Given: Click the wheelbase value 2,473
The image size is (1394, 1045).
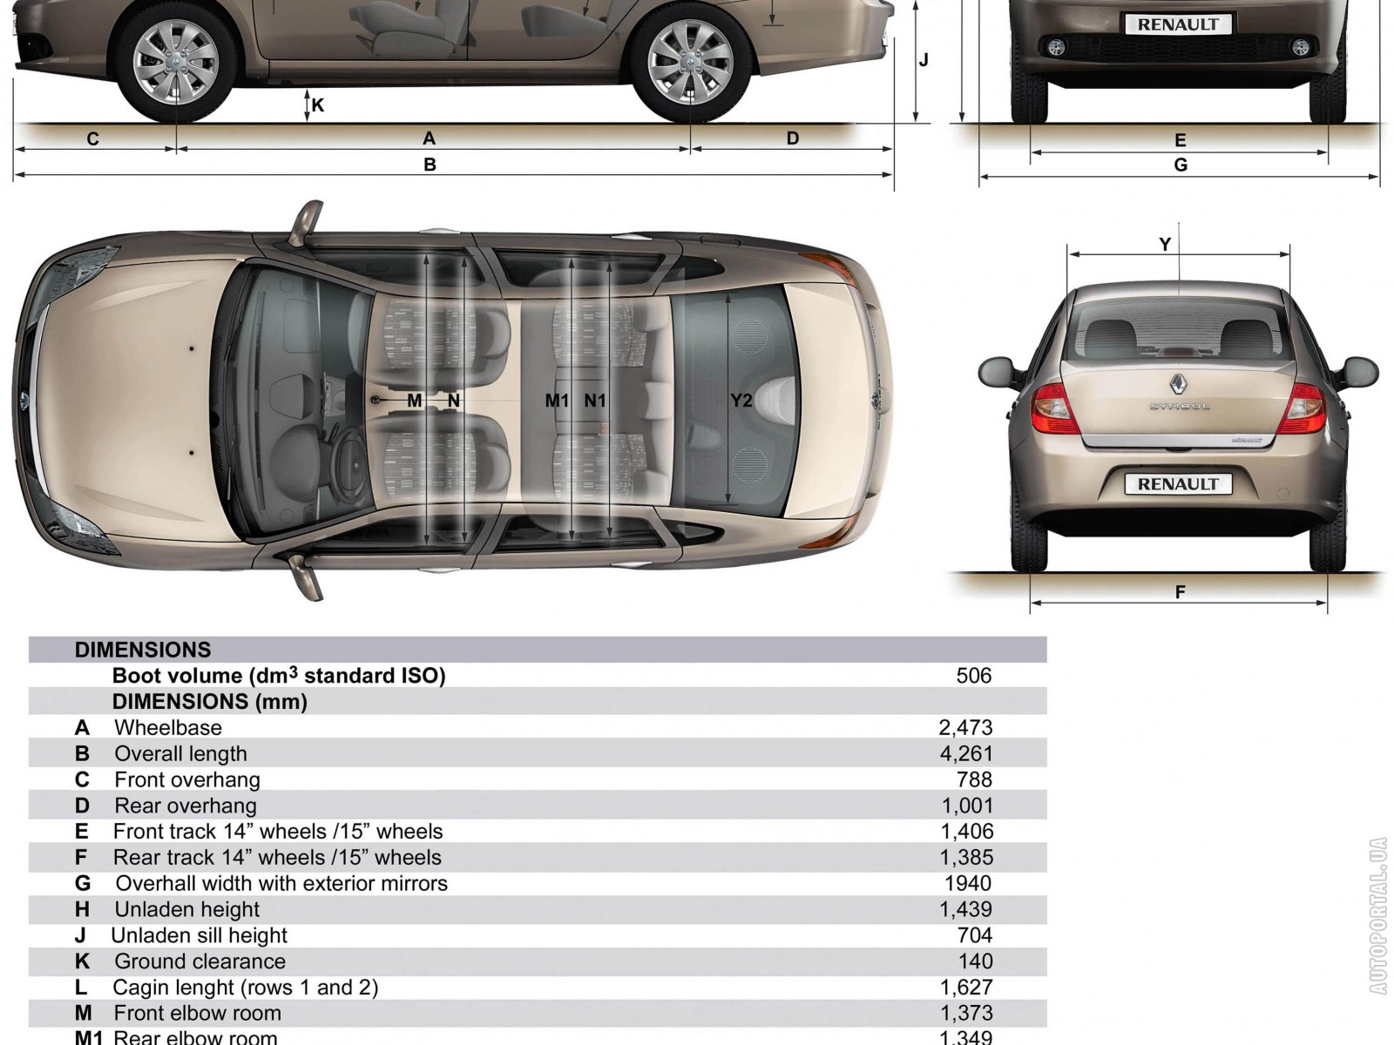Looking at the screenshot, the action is click(965, 728).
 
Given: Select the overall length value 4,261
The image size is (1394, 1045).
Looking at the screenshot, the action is click(966, 754).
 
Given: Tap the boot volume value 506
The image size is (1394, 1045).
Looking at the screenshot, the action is click(973, 676).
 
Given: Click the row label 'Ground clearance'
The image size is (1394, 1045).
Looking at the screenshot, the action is click(200, 961).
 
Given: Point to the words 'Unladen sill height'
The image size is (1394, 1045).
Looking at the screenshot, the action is click(199, 935).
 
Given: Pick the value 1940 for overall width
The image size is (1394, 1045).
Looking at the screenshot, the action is click(968, 883).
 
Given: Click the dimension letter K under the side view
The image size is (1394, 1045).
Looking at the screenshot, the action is click(317, 105).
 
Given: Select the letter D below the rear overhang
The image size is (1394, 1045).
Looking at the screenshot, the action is click(793, 138).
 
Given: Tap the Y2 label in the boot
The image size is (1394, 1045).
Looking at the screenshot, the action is click(741, 401).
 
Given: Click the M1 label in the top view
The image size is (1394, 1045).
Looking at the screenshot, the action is click(557, 401).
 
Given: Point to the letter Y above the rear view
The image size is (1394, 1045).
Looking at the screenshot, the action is click(1165, 245).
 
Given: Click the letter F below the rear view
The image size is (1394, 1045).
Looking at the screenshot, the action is click(1180, 592).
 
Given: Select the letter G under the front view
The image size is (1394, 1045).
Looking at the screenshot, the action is click(1181, 165).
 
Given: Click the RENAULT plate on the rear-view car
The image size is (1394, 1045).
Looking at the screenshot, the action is click(1178, 484).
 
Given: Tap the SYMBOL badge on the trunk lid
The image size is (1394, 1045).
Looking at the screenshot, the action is click(1180, 406).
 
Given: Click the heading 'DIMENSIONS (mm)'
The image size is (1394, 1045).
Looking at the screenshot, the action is click(210, 702).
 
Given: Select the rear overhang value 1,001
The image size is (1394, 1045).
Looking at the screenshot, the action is click(967, 806).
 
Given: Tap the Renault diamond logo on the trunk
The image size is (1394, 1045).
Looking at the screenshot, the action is click(1179, 385).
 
